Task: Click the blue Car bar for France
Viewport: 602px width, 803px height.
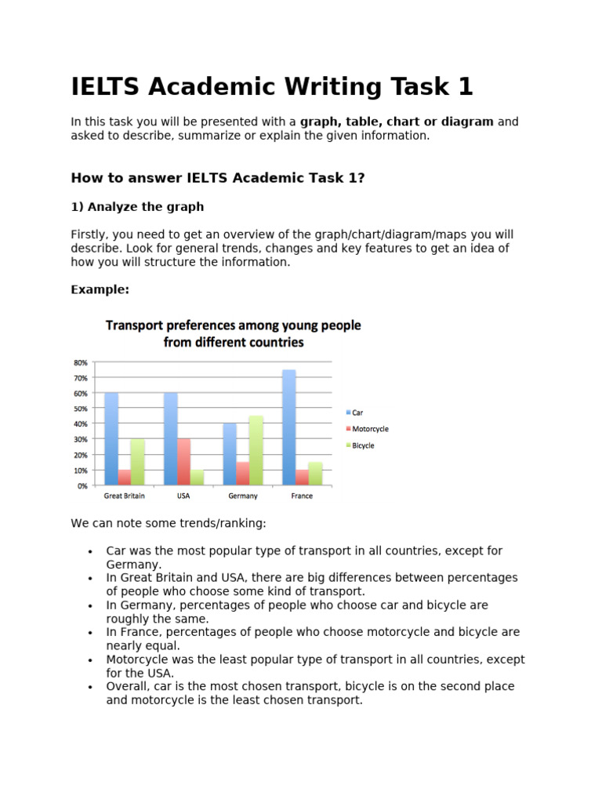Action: point(289,427)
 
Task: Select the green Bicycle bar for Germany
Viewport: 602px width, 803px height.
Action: point(256,451)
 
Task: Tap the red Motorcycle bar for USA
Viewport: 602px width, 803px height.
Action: point(183,462)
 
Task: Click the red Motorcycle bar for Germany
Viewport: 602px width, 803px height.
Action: point(242,474)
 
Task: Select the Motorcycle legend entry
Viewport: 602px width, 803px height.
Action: point(367,429)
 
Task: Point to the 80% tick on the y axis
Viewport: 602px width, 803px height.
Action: point(80,362)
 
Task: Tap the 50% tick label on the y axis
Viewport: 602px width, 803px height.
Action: point(80,409)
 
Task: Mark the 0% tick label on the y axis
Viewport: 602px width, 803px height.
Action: point(82,486)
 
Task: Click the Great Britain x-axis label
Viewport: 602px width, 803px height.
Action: point(124,496)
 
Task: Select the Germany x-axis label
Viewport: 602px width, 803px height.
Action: point(242,496)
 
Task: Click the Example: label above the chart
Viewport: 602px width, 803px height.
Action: point(100,289)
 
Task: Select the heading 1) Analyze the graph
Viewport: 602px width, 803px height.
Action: point(137,207)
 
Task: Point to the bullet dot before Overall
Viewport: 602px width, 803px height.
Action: point(91,687)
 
